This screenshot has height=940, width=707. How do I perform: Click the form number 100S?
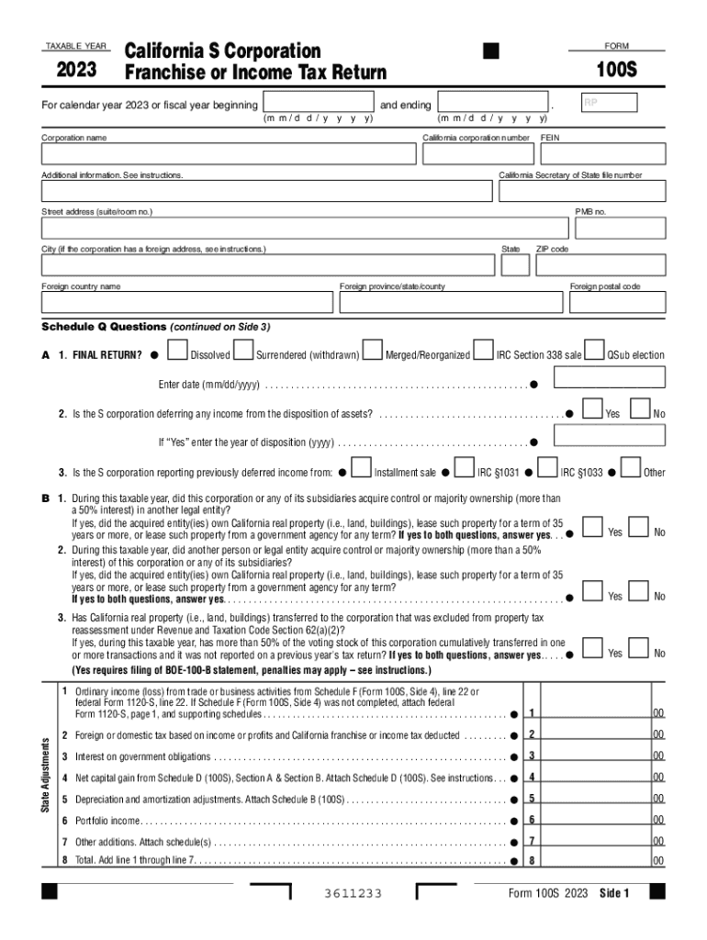pyautogui.click(x=616, y=72)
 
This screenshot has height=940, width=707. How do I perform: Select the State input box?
pyautogui.click(x=515, y=264)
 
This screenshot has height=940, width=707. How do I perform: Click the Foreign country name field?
pyautogui.click(x=186, y=302)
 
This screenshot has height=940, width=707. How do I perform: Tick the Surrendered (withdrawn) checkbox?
pyautogui.click(x=243, y=352)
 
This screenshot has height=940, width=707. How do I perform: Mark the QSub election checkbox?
pyautogui.click(x=595, y=352)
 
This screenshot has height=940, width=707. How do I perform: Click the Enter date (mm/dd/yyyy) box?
pyautogui.click(x=609, y=379)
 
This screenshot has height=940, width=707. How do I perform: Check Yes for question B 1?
pyautogui.click(x=594, y=528)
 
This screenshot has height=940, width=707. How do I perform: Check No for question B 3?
pyautogui.click(x=640, y=649)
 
